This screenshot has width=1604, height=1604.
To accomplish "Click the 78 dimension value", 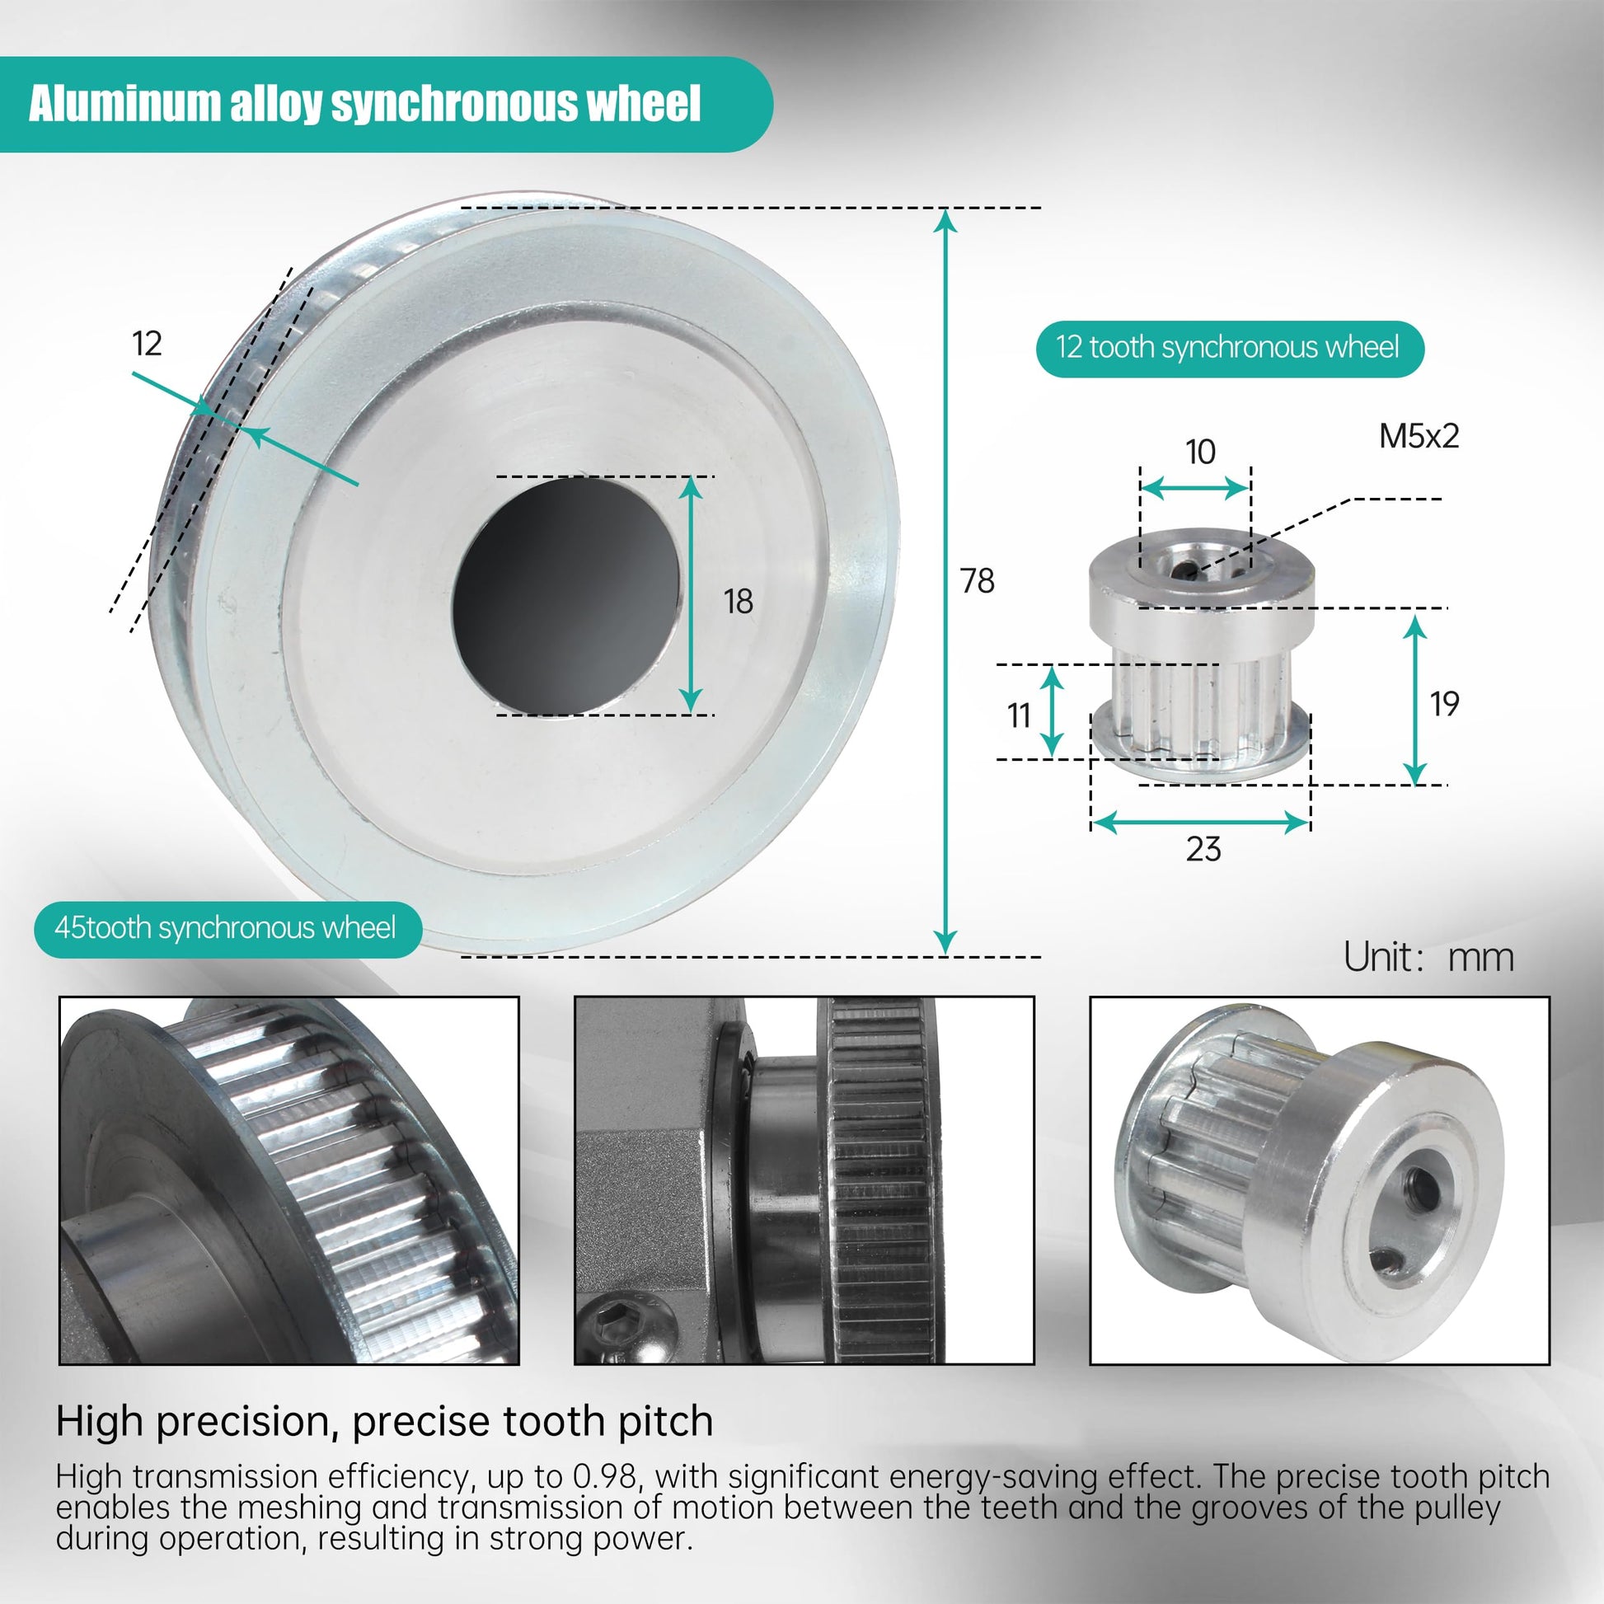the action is pos(978,580).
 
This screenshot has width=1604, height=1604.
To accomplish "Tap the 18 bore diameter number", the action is pos(738,601).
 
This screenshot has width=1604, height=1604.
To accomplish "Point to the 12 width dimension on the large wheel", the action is pos(147,343).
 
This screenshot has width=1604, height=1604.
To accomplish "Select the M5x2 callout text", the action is pos(1419,436).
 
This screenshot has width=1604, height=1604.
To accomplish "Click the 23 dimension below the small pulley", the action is pos(1203,848).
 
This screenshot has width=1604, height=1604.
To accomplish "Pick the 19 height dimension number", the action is pos(1445,704).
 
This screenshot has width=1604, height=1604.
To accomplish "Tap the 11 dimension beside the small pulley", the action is pos(1019,715).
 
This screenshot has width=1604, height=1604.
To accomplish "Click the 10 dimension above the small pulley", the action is pos(1200,452).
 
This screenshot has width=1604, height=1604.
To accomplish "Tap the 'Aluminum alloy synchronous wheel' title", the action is pos(364,104).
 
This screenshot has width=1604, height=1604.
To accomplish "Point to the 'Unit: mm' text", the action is pos(1428,957).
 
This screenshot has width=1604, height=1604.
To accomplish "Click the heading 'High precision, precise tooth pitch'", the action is pos(384,1420).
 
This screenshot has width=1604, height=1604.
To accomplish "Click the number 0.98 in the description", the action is pos(605,1476).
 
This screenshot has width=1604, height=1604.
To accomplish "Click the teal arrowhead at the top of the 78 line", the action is pos(945,221).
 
